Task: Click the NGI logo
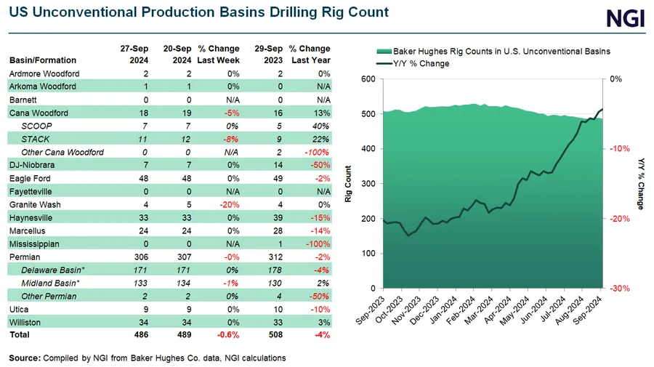tap(625, 17)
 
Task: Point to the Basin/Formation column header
tap(43, 60)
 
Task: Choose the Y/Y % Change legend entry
tap(421, 63)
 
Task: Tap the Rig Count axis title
tap(348, 184)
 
